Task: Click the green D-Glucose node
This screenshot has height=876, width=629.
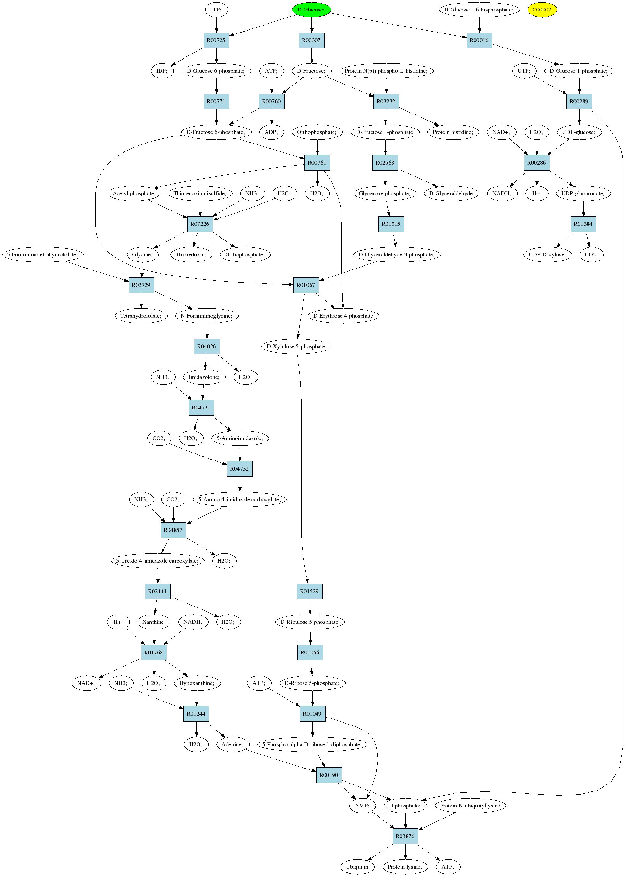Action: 311,10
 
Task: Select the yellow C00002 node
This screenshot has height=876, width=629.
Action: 542,10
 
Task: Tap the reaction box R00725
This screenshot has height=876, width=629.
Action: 216,40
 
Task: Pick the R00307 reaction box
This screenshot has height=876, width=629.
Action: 311,40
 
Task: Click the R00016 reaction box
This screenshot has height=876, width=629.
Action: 479,40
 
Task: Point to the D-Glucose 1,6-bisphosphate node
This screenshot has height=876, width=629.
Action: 479,10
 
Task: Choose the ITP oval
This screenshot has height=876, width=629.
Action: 216,10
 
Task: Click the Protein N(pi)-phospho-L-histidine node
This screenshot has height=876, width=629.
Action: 386,71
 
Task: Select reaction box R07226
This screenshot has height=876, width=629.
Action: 200,224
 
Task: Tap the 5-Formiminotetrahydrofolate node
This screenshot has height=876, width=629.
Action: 42,254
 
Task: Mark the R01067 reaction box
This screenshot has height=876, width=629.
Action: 306,285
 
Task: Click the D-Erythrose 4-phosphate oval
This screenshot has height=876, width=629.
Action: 343,316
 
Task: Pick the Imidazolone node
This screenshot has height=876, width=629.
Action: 204,377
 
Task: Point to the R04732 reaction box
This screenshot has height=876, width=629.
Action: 240,469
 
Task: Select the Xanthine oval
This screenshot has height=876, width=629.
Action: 154,622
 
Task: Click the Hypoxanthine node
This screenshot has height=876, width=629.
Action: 197,683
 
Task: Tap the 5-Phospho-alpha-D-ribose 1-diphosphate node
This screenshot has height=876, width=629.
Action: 312,744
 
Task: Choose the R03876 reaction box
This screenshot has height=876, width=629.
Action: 405,836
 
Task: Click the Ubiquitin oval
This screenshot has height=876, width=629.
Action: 357,867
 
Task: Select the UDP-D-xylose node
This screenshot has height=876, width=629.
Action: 547,254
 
